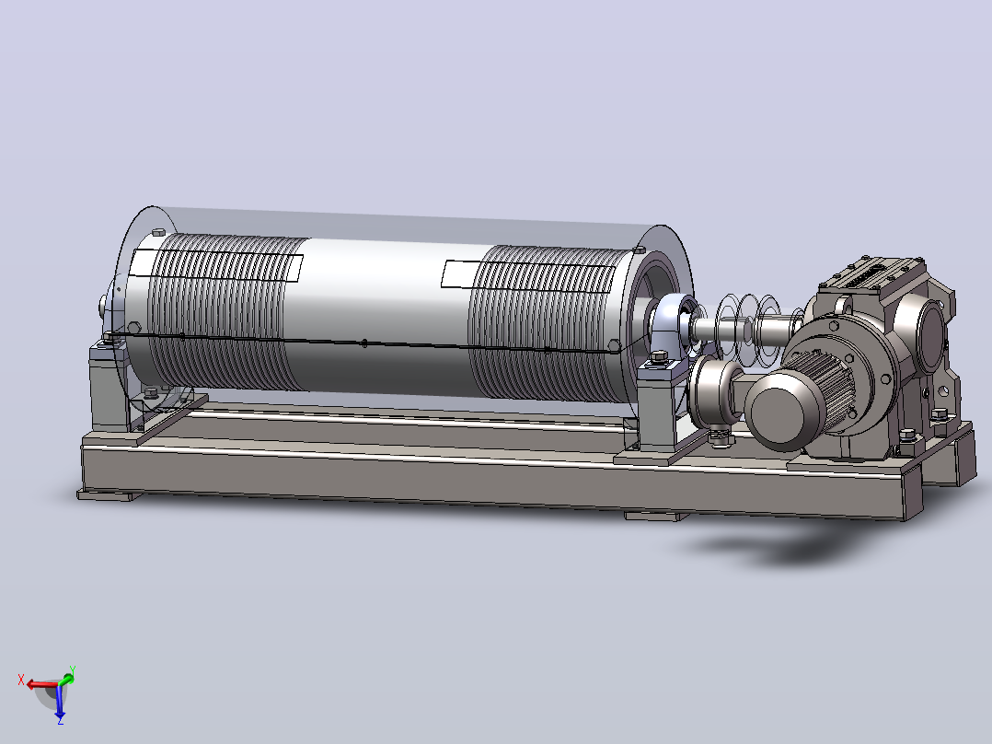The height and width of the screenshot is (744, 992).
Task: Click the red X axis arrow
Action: pos(41,685)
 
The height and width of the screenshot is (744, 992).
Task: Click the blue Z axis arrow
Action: pos(60,703)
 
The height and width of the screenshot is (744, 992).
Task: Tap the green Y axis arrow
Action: pos(67,679)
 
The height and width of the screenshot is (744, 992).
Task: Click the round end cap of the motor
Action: pos(783,412)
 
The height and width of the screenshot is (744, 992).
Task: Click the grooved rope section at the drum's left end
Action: pos(222,310)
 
